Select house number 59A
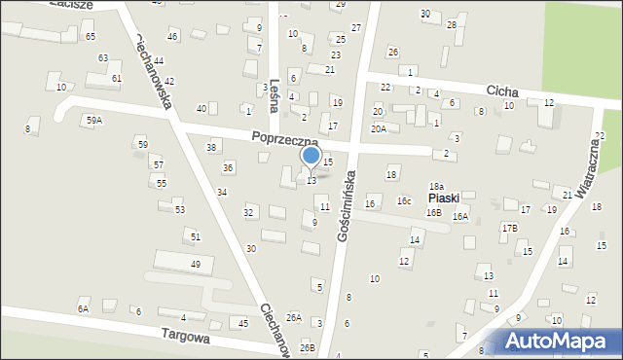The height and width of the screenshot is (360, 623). point(93,120)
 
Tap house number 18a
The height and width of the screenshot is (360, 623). point(437,186)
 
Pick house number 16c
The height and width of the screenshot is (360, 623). point(403,201)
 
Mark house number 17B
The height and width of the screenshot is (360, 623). point(509,228)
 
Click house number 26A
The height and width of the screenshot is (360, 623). point(293,318)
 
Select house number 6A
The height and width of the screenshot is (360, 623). point(83,308)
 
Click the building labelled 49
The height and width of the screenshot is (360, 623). point(196,264)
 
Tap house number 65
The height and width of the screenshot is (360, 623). point(91,36)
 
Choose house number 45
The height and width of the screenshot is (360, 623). point(242,323)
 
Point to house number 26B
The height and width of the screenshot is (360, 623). point(307,347)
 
